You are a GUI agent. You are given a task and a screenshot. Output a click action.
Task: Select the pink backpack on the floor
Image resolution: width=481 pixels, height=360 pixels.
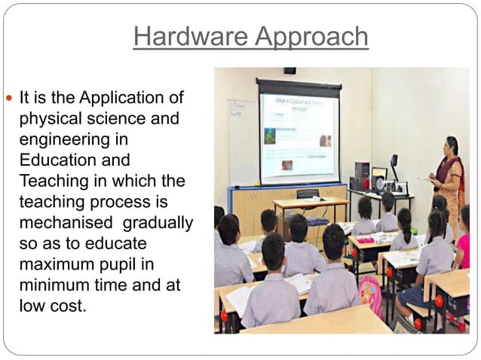click(370, 293)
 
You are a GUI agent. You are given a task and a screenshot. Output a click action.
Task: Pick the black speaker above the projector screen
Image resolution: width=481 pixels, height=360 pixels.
click(290, 71)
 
